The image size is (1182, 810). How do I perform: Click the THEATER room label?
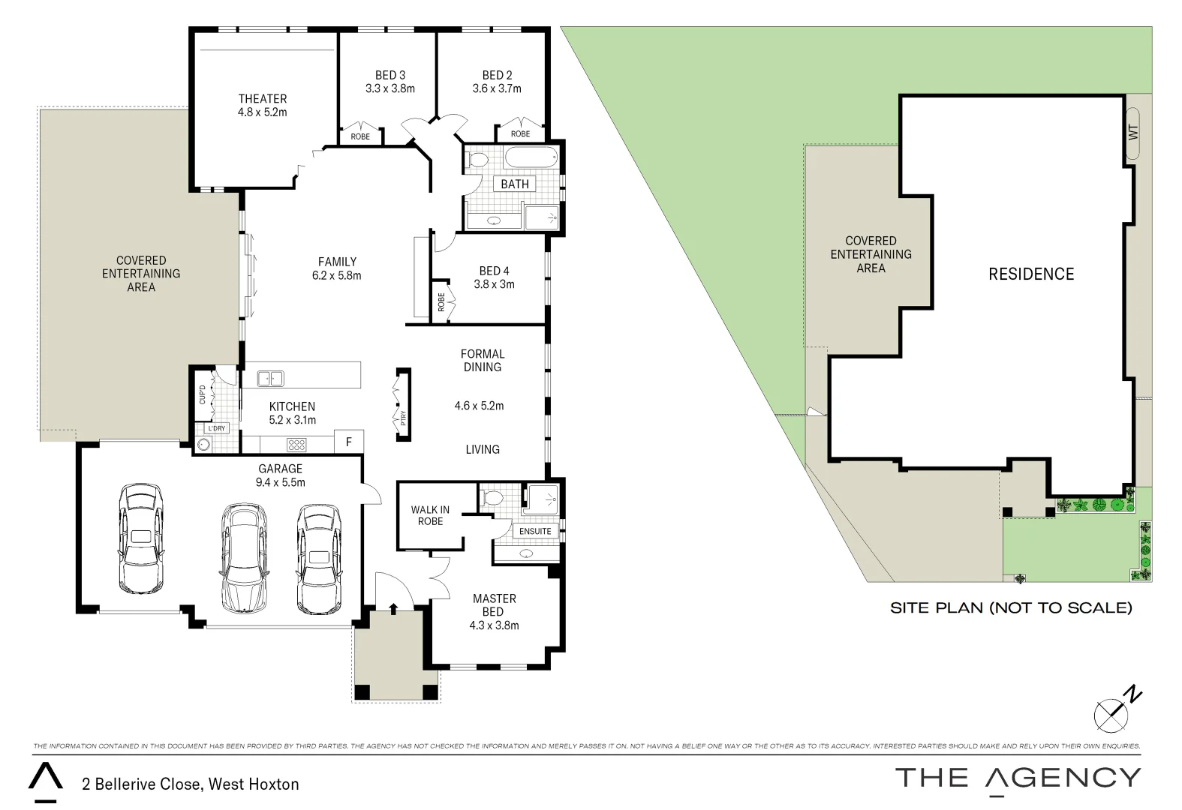click(x=263, y=98)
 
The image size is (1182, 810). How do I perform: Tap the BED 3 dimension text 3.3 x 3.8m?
click(x=389, y=88)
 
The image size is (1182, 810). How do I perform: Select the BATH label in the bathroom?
click(x=515, y=184)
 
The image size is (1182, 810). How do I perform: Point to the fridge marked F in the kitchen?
click(x=349, y=442)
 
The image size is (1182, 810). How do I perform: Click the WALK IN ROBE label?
click(x=430, y=515)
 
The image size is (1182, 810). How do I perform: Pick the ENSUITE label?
click(x=535, y=531)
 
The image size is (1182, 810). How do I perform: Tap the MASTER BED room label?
click(x=494, y=605)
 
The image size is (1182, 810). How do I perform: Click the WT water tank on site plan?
click(x=1133, y=133)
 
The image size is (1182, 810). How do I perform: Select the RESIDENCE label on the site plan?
click(x=1031, y=274)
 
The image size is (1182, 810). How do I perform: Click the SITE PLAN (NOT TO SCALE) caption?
click(x=1010, y=607)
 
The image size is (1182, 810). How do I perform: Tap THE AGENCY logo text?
click(x=1018, y=778)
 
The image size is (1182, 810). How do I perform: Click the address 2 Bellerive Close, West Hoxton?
click(x=191, y=784)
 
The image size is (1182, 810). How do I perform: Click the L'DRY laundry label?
click(x=217, y=428)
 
